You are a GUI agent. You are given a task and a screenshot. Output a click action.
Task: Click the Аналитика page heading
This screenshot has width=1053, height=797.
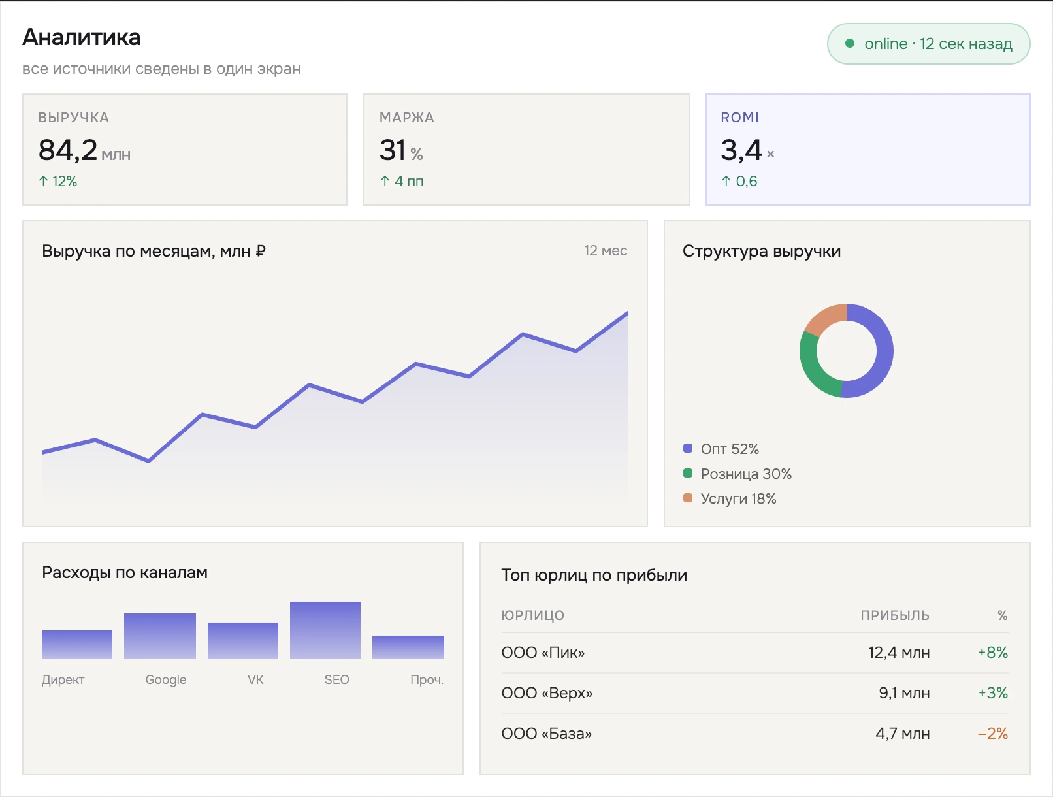pos(82,37)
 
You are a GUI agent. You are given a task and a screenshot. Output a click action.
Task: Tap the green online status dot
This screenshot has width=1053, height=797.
pos(850,44)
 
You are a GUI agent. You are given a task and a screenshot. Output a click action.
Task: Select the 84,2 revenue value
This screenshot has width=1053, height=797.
pos(68,150)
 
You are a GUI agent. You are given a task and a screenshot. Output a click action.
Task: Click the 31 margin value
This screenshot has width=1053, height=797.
pos(392,150)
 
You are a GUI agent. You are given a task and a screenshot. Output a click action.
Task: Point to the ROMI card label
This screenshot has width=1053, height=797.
pos(739,118)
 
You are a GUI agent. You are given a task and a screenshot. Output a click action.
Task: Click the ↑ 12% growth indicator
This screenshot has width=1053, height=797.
pos(57,181)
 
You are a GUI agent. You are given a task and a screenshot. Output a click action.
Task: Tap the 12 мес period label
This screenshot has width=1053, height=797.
pos(606,250)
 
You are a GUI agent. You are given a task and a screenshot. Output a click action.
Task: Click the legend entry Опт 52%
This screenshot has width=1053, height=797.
pos(721,449)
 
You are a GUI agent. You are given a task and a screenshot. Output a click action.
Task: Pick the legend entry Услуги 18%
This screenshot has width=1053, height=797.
pos(730,498)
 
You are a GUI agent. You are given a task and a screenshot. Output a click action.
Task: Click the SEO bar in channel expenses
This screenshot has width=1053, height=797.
pos(325,630)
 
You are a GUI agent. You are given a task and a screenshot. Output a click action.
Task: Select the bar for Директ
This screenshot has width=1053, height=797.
pos(77,645)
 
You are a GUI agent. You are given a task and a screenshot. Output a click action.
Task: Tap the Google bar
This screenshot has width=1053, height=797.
pos(160,636)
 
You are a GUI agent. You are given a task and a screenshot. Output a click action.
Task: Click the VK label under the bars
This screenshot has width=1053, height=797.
pos(255,679)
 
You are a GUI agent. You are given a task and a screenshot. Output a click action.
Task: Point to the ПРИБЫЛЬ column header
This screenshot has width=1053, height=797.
pos(895,615)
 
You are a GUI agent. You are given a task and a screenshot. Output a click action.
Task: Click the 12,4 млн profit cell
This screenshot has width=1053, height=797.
pos(899,652)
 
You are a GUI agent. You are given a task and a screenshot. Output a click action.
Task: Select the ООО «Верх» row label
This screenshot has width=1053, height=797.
pos(547,693)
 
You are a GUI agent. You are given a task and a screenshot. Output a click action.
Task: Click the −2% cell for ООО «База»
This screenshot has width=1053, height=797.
pos(992,733)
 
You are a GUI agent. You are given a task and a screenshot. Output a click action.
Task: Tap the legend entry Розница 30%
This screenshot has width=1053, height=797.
pos(737,474)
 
